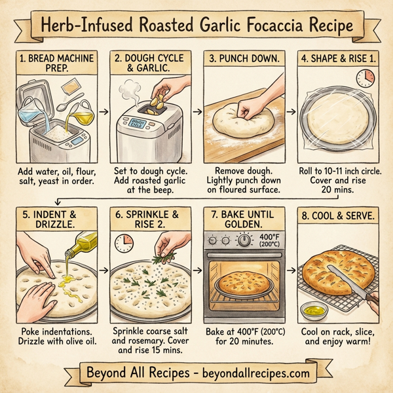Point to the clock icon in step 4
pos(365,77)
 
